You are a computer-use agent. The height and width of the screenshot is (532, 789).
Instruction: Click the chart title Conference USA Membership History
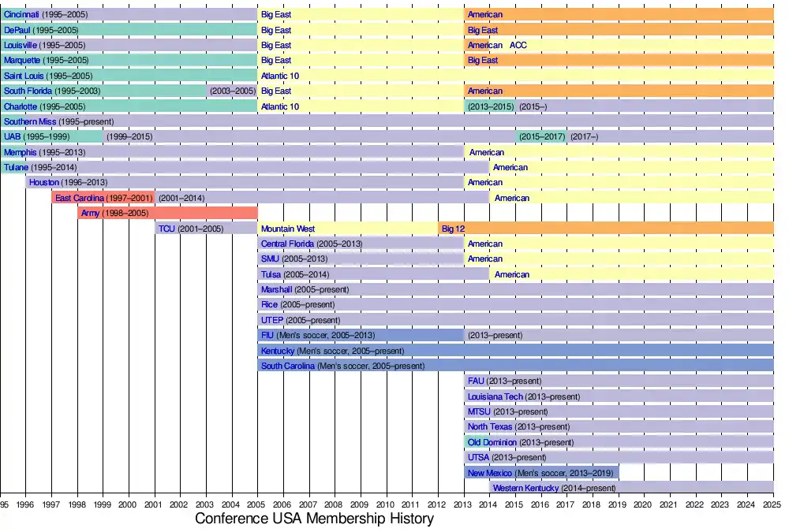coord(314,519)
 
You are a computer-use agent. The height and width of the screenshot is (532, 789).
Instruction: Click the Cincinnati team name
coord(21,15)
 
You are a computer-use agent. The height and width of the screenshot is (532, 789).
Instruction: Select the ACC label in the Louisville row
coord(518,46)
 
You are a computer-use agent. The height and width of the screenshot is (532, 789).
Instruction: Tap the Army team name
coord(91,214)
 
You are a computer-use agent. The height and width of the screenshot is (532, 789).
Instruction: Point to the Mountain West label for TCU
coord(288,229)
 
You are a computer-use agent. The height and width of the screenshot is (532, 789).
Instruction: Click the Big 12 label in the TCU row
coord(453,229)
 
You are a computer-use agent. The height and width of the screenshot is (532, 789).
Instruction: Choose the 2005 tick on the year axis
coord(257,504)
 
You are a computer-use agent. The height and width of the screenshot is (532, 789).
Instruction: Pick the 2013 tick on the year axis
coord(463,504)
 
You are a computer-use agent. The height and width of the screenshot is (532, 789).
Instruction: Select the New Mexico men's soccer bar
coord(541,473)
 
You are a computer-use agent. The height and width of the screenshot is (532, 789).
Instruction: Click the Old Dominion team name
coord(492,443)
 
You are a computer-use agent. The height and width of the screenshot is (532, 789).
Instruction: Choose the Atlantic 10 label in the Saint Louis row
coord(280,76)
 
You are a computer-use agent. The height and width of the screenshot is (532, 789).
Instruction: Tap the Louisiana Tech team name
coord(495,396)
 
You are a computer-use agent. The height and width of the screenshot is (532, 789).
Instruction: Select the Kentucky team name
coord(278,351)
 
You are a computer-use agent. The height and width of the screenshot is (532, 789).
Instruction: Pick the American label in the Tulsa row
coord(512,274)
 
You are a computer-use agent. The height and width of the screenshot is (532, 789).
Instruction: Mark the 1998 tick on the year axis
coord(77,504)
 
